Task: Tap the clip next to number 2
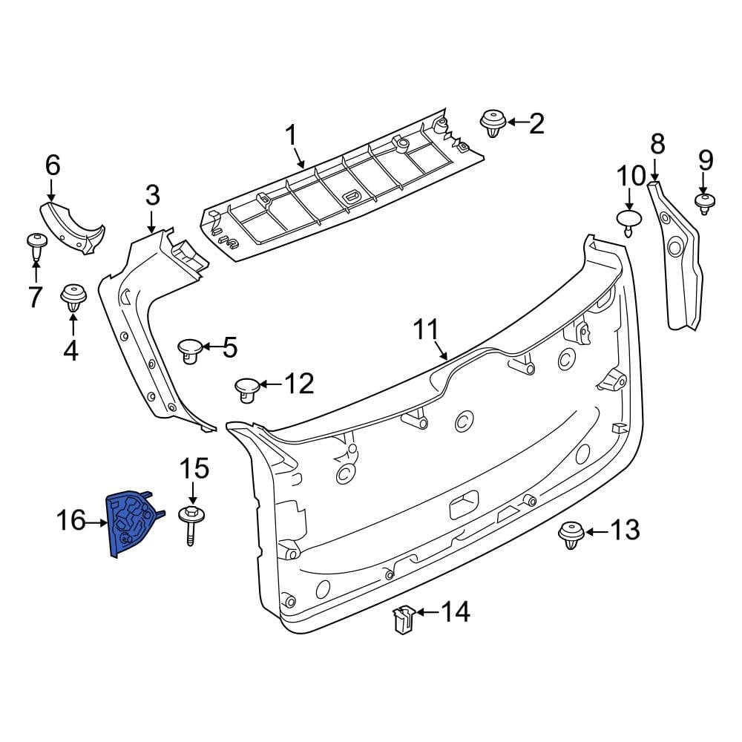click(493, 123)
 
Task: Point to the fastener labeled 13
click(571, 535)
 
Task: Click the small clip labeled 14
click(404, 619)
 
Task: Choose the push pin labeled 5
click(190, 351)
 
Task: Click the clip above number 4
click(73, 298)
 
